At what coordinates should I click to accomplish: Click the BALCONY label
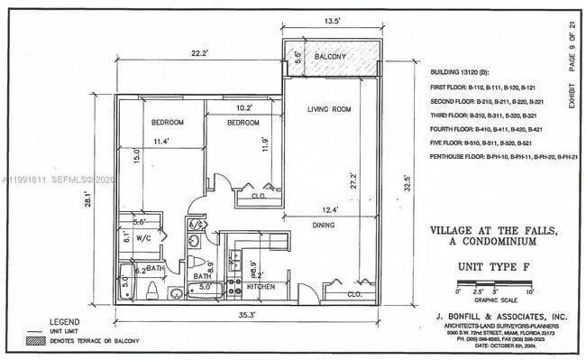click(x=330, y=58)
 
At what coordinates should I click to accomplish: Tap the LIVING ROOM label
click(x=328, y=110)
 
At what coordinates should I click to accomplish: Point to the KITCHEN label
click(x=261, y=286)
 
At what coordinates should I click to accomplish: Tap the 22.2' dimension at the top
click(x=199, y=53)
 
